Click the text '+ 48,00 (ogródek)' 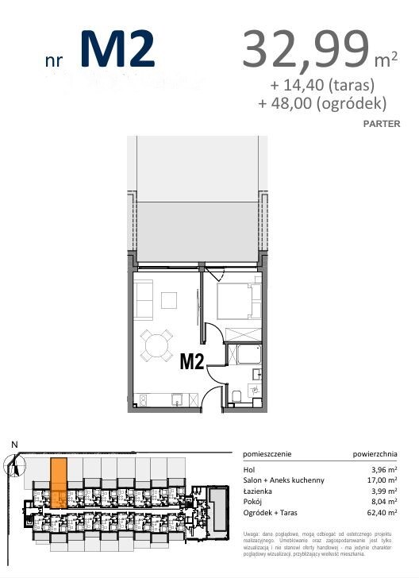322,103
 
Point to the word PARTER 381,124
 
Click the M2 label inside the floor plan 192,362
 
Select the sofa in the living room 144,299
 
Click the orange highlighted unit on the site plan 58,483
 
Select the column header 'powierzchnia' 375,454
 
